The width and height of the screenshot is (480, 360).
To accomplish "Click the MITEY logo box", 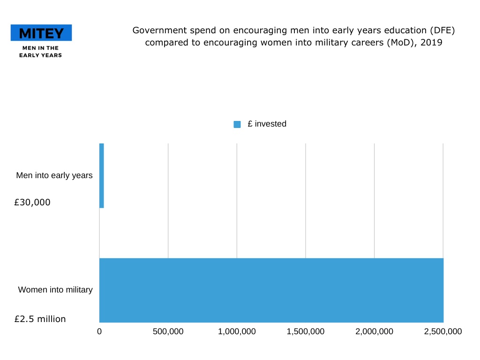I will pos(41,33).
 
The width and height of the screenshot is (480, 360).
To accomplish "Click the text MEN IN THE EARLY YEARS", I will pos(40,52).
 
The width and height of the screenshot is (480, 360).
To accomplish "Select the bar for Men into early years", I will pos(102,176).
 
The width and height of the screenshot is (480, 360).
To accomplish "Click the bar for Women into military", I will pos(271,290).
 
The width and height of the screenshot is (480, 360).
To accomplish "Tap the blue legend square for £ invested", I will pos(237,124).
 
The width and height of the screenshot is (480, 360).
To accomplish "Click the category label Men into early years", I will pos(54,176).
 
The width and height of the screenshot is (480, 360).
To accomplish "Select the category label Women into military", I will pos(55,290).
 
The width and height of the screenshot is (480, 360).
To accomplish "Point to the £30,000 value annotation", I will pos(32,203).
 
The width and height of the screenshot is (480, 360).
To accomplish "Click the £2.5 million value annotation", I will pos(40,319).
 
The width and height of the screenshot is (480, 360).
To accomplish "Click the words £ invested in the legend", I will pos(267,124).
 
